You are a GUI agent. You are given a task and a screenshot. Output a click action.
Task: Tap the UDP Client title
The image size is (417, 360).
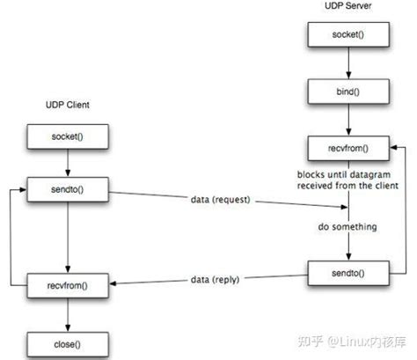tap(69, 105)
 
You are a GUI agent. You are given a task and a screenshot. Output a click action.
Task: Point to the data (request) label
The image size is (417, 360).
tap(221, 201)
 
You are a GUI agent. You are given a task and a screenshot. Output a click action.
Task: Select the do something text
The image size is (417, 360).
tap(348, 227)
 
